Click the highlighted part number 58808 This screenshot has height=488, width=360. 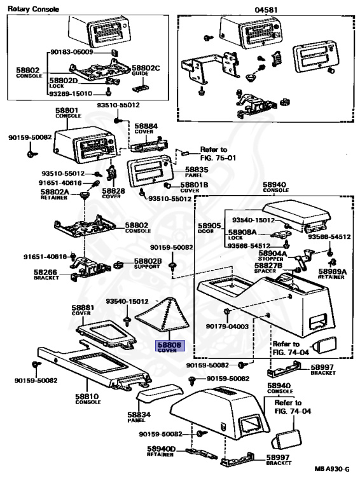(169, 345)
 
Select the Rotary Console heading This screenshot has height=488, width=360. (33, 9)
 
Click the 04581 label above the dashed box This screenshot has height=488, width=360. (267, 10)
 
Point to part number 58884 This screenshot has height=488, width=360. (146, 126)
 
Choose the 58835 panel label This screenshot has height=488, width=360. (197, 172)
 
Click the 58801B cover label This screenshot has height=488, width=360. (195, 187)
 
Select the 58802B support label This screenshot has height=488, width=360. (148, 264)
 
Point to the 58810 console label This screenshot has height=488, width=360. (88, 398)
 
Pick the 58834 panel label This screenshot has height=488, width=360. (139, 417)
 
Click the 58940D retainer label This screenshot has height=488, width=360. (162, 451)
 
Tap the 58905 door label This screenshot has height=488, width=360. (209, 228)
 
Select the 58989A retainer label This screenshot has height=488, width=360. (332, 274)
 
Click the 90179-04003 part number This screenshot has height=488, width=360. (227, 326)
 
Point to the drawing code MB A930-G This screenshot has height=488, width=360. (331, 469)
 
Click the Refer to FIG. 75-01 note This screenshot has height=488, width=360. (218, 153)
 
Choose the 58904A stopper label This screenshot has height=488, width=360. (272, 256)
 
